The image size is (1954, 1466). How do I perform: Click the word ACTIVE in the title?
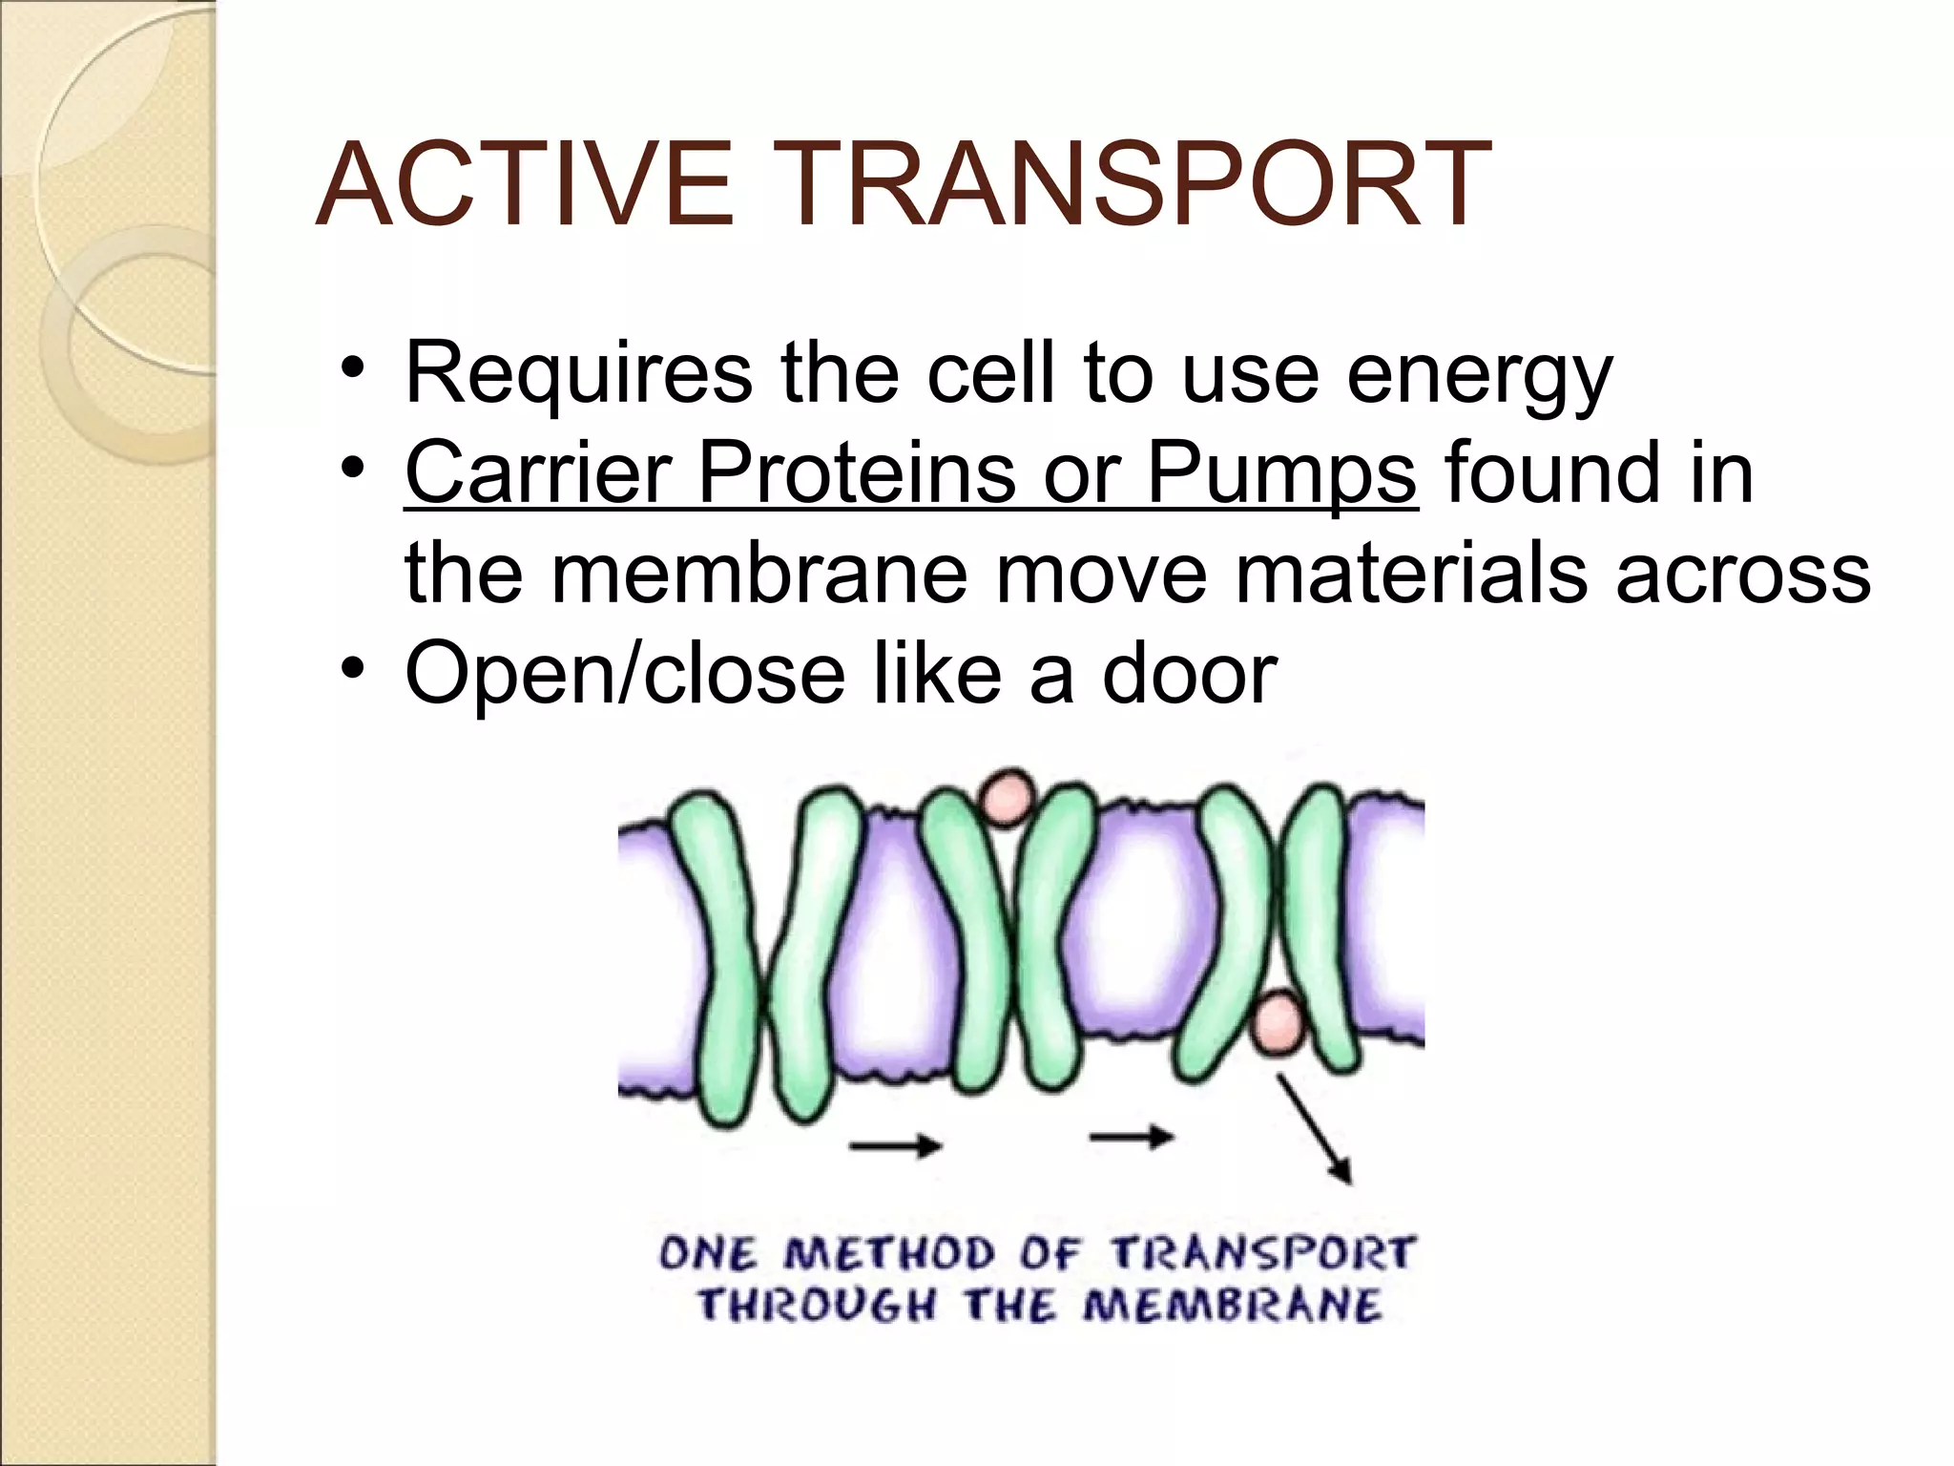[525, 184]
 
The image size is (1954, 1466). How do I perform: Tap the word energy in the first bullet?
[1479, 375]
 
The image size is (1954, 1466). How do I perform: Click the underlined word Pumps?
[1281, 474]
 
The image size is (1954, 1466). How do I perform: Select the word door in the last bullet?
[1190, 674]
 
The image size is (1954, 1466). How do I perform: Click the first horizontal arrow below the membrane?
[896, 1143]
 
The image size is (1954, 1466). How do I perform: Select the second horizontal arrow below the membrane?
[1133, 1136]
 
